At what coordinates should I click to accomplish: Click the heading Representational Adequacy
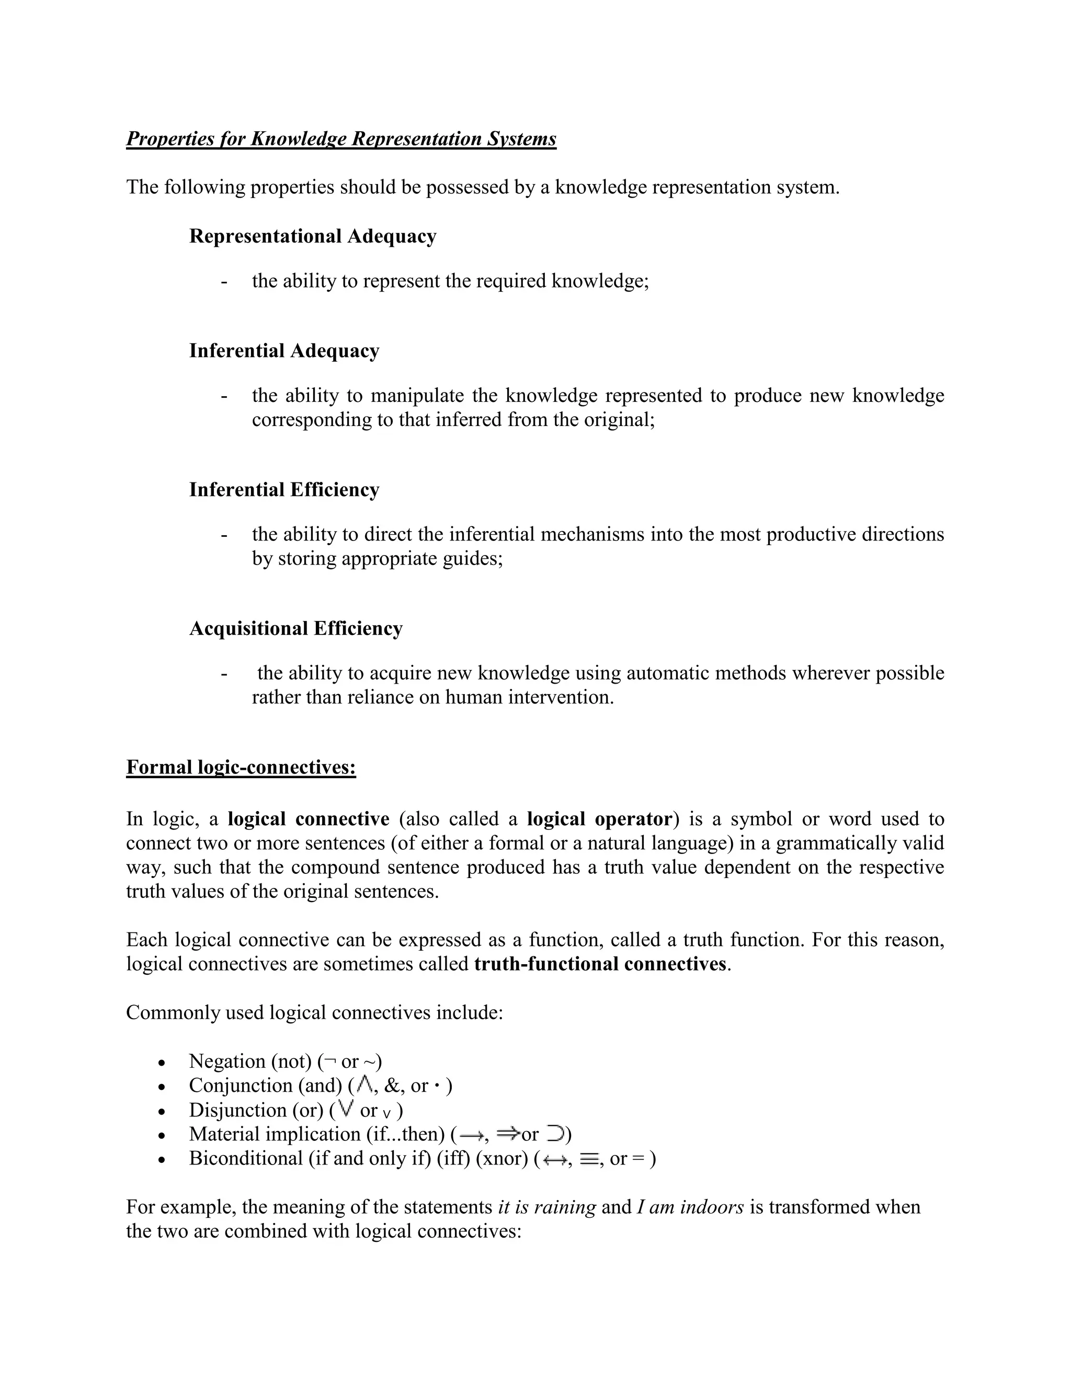(x=312, y=237)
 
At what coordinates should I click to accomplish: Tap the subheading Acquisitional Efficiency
(x=295, y=628)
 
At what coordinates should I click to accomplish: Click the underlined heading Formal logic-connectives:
(x=241, y=767)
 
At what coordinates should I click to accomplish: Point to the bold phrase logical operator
(x=599, y=820)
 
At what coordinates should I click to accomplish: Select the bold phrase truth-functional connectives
(x=600, y=964)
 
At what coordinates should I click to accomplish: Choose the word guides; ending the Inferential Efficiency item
(x=473, y=559)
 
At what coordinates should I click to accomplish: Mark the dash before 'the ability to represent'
(x=224, y=282)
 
